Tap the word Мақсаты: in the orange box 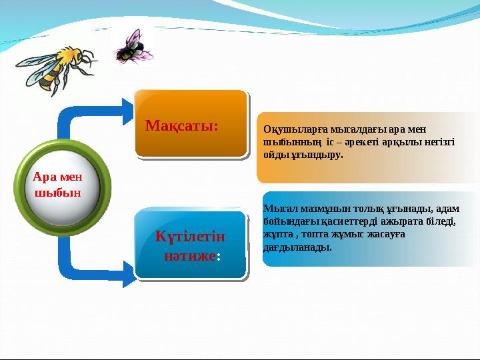pyautogui.click(x=182, y=125)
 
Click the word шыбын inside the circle pyautogui.click(x=57, y=192)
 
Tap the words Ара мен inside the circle pyautogui.click(x=57, y=177)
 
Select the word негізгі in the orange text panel pyautogui.click(x=437, y=142)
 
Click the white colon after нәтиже pyautogui.click(x=218, y=257)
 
